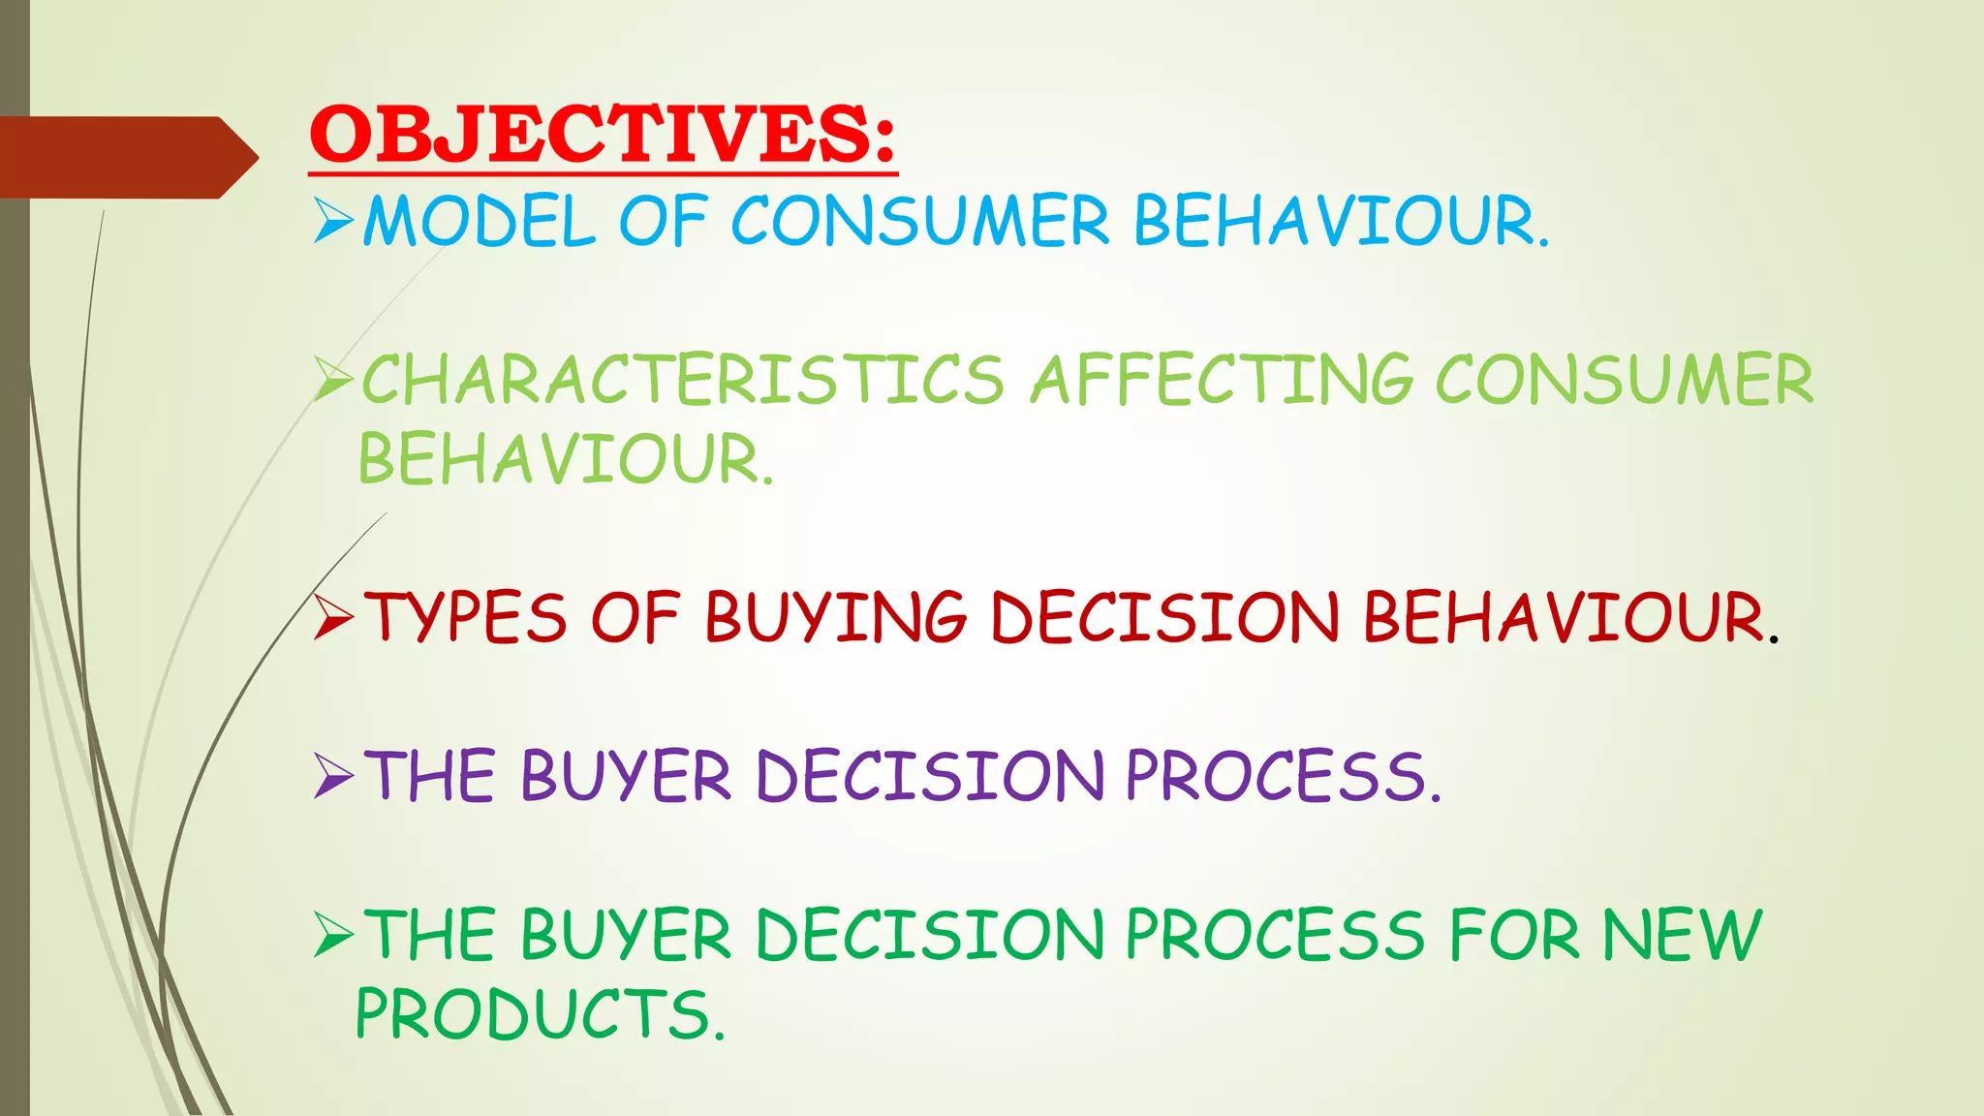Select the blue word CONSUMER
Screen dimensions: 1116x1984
pos(919,222)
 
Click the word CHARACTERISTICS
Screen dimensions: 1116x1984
pos(683,380)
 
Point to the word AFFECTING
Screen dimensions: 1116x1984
pos(1221,380)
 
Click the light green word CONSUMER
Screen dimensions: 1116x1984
pos(1624,380)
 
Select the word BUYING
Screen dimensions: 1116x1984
pos(835,618)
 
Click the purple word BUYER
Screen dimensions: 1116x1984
pos(626,777)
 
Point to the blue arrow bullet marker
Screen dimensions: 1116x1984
pos(333,222)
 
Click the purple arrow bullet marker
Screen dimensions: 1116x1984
pos(333,777)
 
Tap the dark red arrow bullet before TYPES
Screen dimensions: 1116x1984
pos(333,618)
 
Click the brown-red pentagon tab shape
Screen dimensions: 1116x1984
pos(126,157)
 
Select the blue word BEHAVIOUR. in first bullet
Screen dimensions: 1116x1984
pos(1341,222)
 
